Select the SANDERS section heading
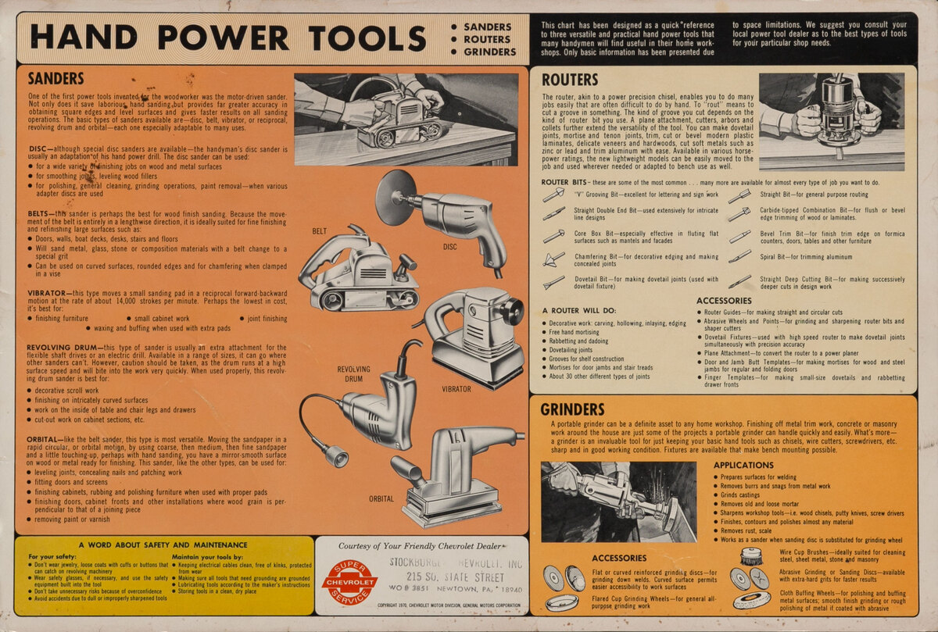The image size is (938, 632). (55, 78)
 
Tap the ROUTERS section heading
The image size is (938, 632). (569, 80)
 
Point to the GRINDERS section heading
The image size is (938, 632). (572, 409)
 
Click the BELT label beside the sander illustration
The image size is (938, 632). (320, 232)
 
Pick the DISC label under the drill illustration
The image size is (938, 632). (449, 245)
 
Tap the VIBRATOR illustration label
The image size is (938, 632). (456, 388)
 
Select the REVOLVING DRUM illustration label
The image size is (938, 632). (354, 374)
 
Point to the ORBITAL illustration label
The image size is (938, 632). (381, 498)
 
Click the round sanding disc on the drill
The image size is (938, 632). (395, 198)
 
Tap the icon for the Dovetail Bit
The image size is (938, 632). (553, 282)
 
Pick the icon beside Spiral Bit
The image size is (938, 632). (739, 256)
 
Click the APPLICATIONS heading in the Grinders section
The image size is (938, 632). (743, 465)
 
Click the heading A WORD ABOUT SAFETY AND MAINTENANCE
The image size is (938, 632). (163, 545)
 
